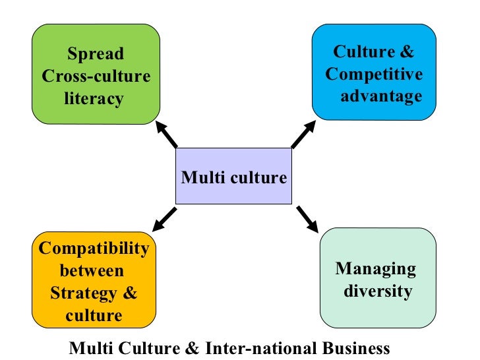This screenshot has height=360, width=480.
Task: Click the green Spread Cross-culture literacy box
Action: pyautogui.click(x=96, y=74)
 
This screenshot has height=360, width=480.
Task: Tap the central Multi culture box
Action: pyautogui.click(x=233, y=176)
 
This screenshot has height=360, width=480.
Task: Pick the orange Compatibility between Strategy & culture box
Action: pyautogui.click(x=94, y=280)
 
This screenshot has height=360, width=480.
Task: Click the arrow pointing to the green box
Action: pyautogui.click(x=167, y=135)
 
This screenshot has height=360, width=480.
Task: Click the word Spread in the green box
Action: pyautogui.click(x=96, y=54)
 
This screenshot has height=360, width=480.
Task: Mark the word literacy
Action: pyautogui.click(x=94, y=99)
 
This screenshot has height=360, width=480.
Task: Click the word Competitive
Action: pyautogui.click(x=374, y=74)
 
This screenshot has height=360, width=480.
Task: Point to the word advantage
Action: pyautogui.click(x=381, y=96)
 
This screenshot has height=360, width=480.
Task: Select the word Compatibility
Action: pyautogui.click(x=94, y=248)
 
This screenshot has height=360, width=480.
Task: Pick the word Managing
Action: pyautogui.click(x=376, y=268)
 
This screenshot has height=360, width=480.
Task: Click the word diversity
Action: pyautogui.click(x=378, y=291)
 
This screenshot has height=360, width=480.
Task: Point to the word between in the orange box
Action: pyautogui.click(x=92, y=270)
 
